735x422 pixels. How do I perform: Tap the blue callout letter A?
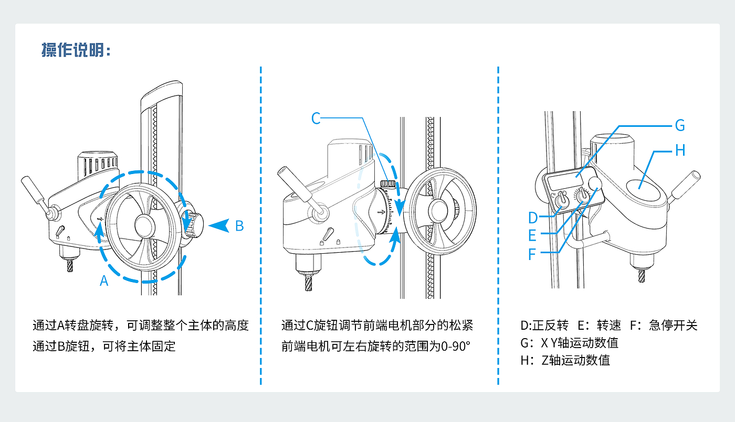tap(104, 281)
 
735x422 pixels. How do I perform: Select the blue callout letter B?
tap(239, 226)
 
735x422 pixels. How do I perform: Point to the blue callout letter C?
tap(316, 118)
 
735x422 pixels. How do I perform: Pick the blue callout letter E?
tap(532, 235)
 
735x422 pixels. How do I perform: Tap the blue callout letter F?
tap(532, 254)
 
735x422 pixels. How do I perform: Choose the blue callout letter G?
tap(680, 125)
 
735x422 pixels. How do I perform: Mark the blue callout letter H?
tap(680, 150)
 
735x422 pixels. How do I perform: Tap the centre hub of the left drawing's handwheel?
tap(145, 226)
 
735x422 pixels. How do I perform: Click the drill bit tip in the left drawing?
tap(70, 270)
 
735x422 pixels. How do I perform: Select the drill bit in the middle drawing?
tap(309, 283)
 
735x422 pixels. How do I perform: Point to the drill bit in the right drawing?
tap(642, 275)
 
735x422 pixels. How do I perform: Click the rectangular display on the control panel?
tap(565, 181)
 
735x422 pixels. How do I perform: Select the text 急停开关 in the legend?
tap(673, 326)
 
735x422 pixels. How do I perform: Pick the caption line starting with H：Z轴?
tap(565, 361)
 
